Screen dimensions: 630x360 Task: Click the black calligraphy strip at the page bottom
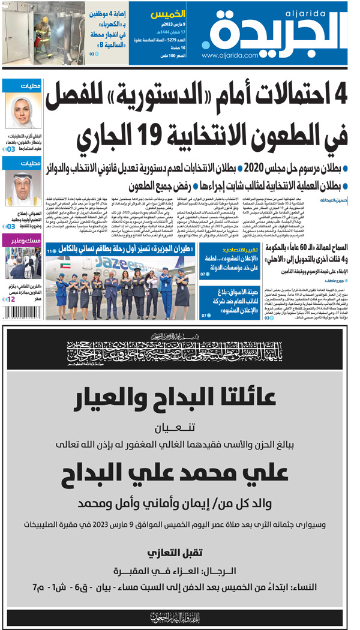[x=180, y=617]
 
